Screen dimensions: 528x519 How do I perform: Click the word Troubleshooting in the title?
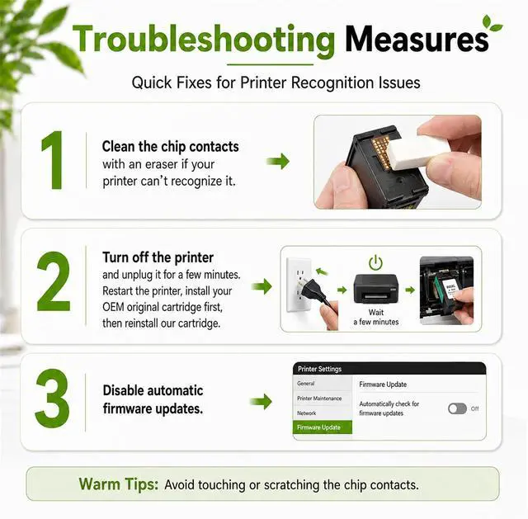tap(204, 40)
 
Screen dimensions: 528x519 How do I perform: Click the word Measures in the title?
tap(417, 39)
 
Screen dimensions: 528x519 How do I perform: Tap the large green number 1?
tap(53, 160)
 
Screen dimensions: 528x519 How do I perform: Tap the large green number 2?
tap(53, 281)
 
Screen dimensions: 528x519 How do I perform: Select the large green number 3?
tap(52, 398)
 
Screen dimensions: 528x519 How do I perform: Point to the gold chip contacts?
tap(381, 153)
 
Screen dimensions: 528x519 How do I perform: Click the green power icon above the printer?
tap(375, 262)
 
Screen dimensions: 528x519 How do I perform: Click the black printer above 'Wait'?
tap(376, 289)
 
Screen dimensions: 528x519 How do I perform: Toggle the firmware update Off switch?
tap(457, 408)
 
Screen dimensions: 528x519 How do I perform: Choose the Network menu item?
tap(306, 413)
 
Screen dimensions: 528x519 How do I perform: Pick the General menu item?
tap(306, 384)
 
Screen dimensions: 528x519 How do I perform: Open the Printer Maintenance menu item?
tap(319, 398)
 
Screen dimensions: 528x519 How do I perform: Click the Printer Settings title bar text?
tap(319, 369)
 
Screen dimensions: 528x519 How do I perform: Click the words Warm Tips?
tap(119, 484)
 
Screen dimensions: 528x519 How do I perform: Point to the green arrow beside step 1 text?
tap(278, 161)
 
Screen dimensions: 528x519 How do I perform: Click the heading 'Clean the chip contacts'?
tap(171, 147)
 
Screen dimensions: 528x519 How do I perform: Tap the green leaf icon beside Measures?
tap(492, 23)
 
